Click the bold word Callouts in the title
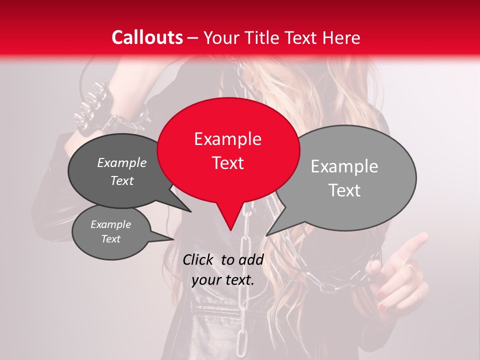[x=147, y=37]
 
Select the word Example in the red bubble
[x=227, y=139]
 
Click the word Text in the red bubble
[x=227, y=163]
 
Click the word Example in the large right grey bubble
[x=344, y=166]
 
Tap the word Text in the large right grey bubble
[x=344, y=190]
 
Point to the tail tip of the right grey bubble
[x=266, y=235]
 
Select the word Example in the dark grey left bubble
[x=122, y=163]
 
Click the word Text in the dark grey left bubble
[x=122, y=181]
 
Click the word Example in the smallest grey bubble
[x=110, y=224]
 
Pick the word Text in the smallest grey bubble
[x=110, y=239]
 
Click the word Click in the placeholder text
[x=198, y=259]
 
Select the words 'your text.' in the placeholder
[x=223, y=280]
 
